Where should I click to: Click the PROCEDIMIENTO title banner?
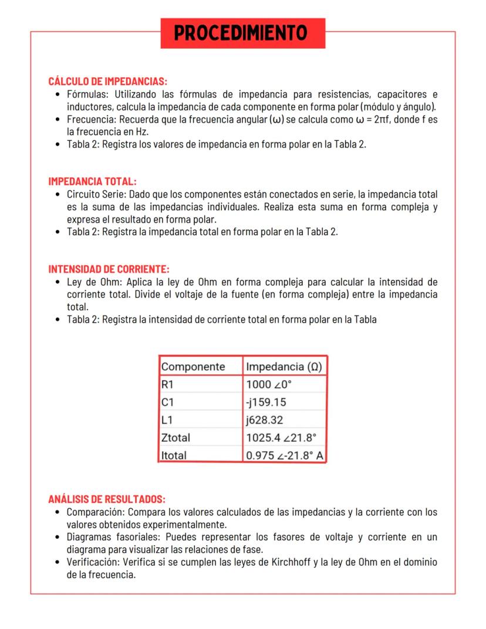coord(242,33)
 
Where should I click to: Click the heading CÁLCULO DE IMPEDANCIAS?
coord(107,81)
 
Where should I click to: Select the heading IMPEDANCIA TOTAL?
coord(92,182)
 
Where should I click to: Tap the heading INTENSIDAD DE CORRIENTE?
coord(109,269)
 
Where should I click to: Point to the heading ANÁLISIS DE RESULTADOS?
coord(106,499)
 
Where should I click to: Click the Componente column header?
coord(193,367)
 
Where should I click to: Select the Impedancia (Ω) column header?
coord(283,367)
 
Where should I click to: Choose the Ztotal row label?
coord(176,437)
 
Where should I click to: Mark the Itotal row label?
coord(174,455)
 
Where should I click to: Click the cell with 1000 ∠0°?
coord(269,384)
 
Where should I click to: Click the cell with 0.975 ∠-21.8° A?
coord(285,455)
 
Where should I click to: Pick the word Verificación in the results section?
coord(91,562)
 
